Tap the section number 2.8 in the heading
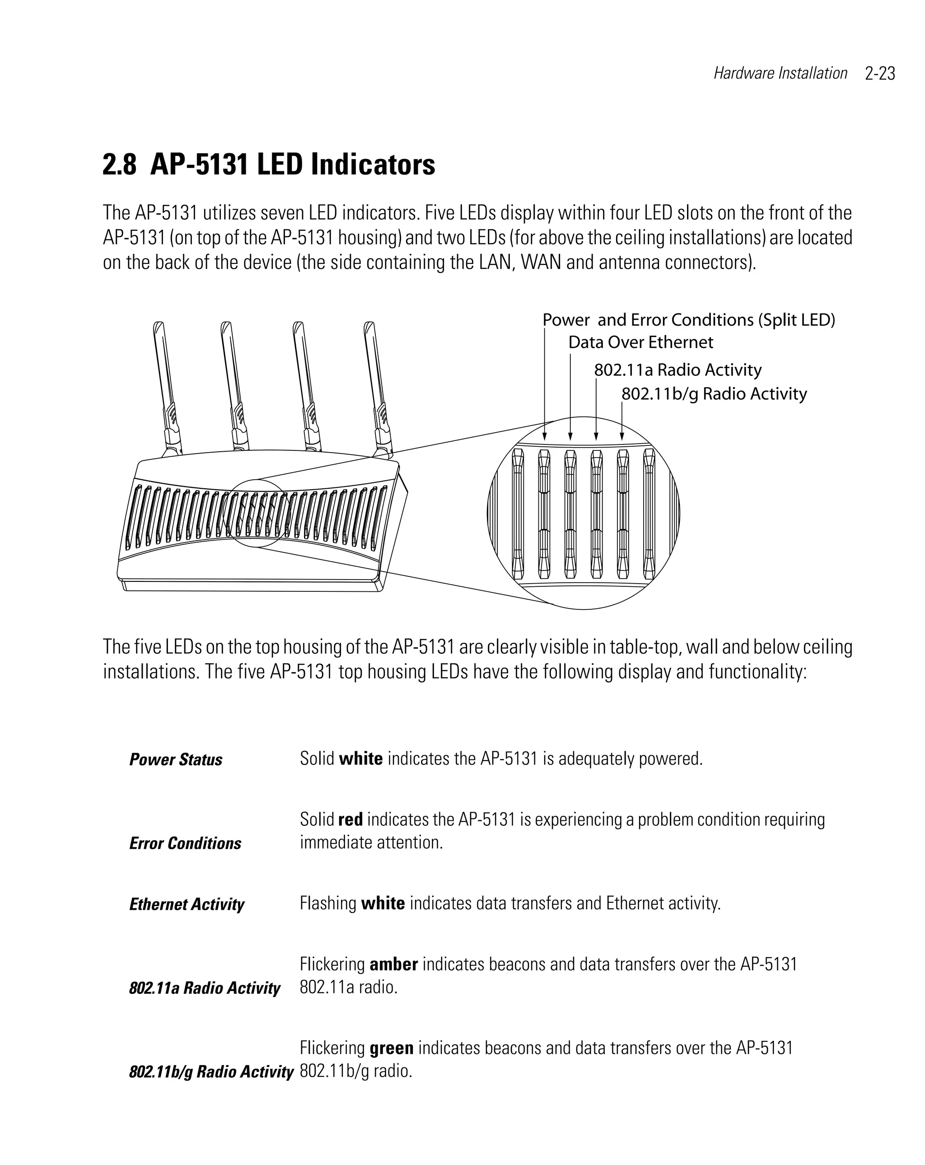[x=119, y=165]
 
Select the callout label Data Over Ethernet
[x=640, y=342]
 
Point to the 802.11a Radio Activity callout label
[x=677, y=370]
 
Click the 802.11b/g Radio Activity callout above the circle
[x=714, y=394]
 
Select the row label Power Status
[x=176, y=760]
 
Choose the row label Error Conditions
[x=185, y=843]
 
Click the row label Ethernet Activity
[x=187, y=904]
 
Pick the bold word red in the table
[x=350, y=820]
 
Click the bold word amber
[x=393, y=964]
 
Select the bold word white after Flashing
[x=383, y=903]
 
